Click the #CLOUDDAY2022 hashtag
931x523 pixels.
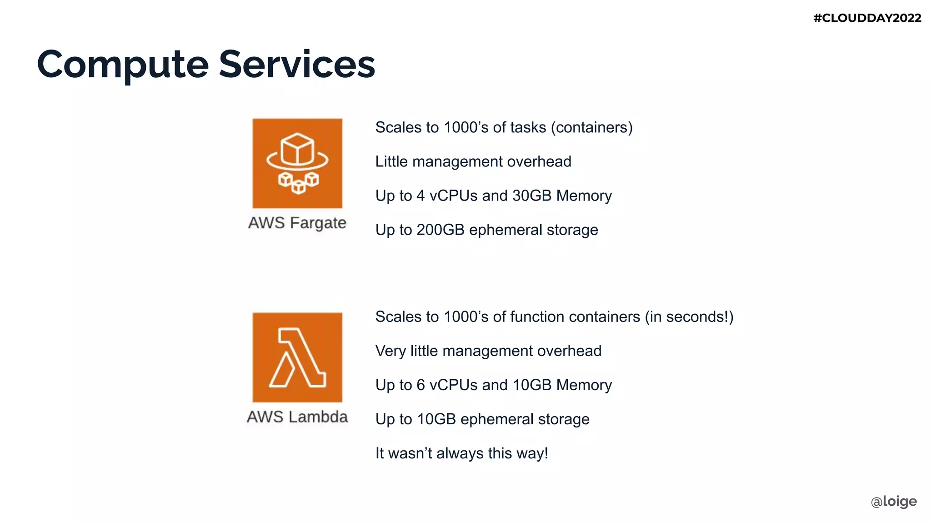coord(867,18)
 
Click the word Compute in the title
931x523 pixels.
coord(122,65)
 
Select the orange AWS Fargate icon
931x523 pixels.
coord(297,163)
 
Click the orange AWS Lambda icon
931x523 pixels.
coord(297,357)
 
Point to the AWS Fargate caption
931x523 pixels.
coord(297,223)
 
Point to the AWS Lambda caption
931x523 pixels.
coord(297,417)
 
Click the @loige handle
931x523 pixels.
coord(894,501)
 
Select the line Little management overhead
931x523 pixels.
coord(473,162)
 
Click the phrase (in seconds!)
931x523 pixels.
coord(689,317)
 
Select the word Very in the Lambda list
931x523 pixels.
coord(390,351)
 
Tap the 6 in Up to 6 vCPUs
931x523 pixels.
coord(420,385)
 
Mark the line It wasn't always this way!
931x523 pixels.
coord(461,453)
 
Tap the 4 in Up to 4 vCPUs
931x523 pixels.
coord(420,196)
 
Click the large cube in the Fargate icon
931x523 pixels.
coord(297,150)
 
